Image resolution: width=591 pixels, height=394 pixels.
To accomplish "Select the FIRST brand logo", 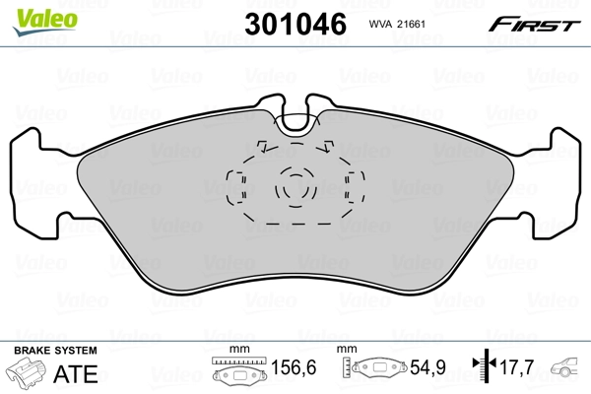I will click(x=540, y=24).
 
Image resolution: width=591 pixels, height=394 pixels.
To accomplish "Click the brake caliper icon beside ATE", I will click(x=30, y=374).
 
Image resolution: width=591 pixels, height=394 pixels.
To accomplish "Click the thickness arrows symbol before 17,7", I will click(x=480, y=370).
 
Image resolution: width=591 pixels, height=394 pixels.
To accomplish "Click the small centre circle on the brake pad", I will click(x=294, y=186).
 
